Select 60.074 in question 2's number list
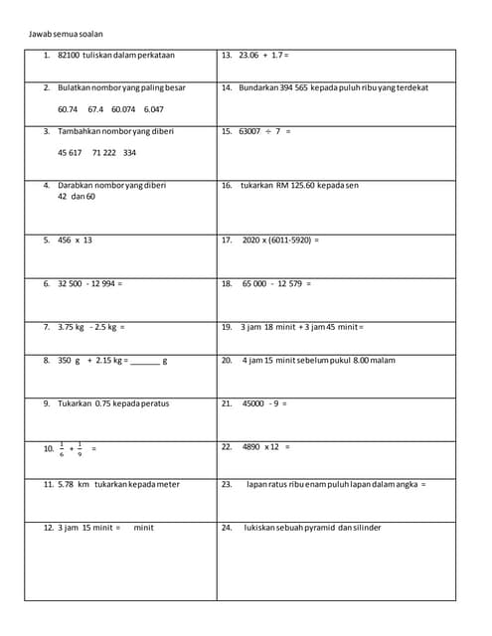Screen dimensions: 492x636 [x=123, y=109]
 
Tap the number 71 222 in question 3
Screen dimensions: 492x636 [x=103, y=153]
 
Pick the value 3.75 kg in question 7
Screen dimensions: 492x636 [x=71, y=327]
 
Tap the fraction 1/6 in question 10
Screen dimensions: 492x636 [x=62, y=448]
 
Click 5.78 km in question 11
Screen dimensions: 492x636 [x=73, y=484]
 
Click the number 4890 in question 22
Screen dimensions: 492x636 [x=251, y=447]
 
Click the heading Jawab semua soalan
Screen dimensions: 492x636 [x=64, y=34]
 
